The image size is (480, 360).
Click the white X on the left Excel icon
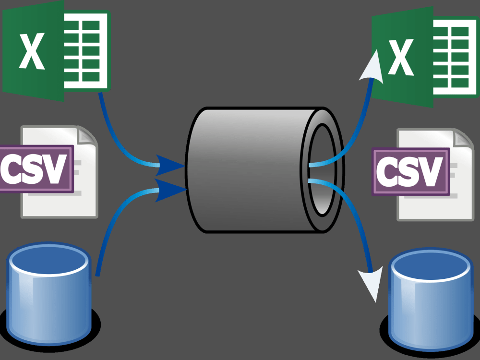(32, 51)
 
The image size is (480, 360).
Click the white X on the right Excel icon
(401, 57)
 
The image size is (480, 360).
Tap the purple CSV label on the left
(36, 168)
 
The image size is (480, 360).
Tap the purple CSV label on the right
(411, 171)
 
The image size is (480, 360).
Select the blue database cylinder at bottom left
(49, 294)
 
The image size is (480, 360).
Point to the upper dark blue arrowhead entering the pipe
(169, 165)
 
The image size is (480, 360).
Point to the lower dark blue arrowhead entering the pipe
(170, 190)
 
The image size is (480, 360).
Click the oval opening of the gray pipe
(322, 169)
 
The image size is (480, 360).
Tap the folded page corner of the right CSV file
(464, 138)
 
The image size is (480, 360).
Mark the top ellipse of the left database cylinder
(49, 260)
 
